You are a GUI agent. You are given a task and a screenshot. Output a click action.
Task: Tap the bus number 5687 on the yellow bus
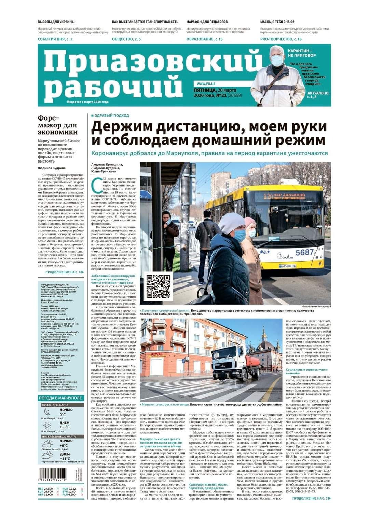coord(304,252)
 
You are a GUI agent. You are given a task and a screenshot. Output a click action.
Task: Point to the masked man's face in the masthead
coord(277,58)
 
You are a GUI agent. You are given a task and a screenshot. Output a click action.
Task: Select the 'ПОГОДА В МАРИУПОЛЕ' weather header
coord(60,398)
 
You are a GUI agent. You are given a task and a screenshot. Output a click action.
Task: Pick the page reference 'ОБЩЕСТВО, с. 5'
coord(126,39)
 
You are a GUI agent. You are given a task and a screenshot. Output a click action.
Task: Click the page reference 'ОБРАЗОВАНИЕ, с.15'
coord(204,39)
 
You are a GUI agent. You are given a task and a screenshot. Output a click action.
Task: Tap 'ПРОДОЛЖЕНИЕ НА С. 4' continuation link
coord(64,272)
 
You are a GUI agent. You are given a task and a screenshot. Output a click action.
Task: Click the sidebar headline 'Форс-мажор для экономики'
coord(58,125)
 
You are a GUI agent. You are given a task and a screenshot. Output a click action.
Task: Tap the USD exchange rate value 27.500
coord(48,489)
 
